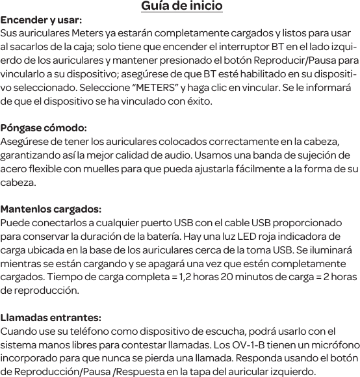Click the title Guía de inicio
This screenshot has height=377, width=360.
(x=182, y=6)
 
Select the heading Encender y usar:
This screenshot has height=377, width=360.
(x=41, y=20)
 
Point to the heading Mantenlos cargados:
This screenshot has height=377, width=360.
(x=51, y=209)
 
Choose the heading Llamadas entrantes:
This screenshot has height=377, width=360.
(x=51, y=318)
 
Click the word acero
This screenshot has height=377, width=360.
(x=15, y=169)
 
